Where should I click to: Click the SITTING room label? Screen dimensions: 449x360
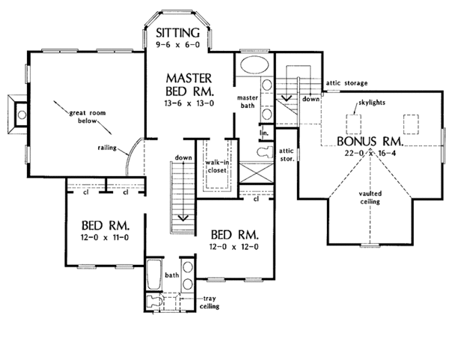[x=177, y=33]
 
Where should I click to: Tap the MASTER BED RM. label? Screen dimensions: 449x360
[x=189, y=85]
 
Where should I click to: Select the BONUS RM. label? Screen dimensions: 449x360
[x=370, y=141]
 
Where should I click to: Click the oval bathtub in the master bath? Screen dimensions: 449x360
[x=254, y=64]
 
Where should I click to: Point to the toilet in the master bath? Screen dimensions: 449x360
[x=265, y=151]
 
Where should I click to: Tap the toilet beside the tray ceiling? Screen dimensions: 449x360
[x=154, y=302]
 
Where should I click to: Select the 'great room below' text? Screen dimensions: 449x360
[x=88, y=117]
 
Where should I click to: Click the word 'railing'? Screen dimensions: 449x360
[x=107, y=147]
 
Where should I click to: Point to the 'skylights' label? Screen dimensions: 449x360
[x=372, y=103]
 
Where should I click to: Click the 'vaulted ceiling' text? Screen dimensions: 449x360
[x=370, y=198]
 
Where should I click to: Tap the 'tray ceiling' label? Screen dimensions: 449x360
[x=210, y=302]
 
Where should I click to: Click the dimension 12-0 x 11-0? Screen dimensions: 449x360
[x=105, y=237]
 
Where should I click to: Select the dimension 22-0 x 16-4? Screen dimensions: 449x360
[x=370, y=153]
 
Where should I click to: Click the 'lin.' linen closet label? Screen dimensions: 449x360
[x=264, y=133]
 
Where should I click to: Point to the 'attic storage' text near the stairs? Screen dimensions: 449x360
[x=346, y=83]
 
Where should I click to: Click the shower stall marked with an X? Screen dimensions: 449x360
[x=256, y=173]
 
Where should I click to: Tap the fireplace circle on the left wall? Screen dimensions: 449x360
[x=22, y=115]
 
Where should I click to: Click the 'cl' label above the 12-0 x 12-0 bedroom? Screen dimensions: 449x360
[x=256, y=199]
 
